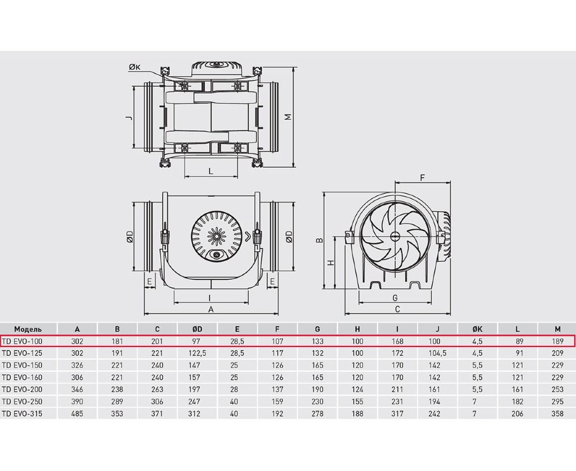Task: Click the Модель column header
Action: (x=28, y=329)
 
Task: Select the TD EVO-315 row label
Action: (x=22, y=413)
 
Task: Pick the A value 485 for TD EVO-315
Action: (x=77, y=413)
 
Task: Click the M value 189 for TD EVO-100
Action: (x=557, y=341)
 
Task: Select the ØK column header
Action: (x=477, y=329)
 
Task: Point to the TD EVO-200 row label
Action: (x=22, y=390)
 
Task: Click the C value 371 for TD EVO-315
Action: (x=157, y=413)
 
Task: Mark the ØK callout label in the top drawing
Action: (x=135, y=67)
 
